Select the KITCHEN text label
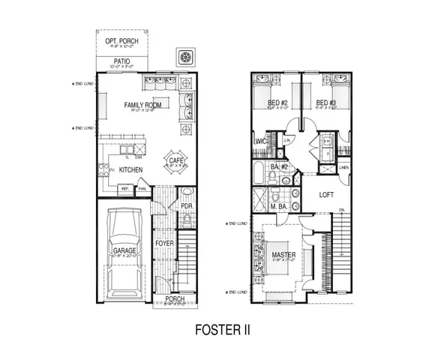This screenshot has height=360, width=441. pyautogui.click(x=130, y=170)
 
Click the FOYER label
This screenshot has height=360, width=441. pyautogui.click(x=163, y=244)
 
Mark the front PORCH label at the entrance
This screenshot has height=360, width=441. pyautogui.click(x=174, y=298)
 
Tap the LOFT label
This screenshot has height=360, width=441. pyautogui.click(x=325, y=194)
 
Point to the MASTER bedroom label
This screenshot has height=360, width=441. pyautogui.click(x=283, y=256)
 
